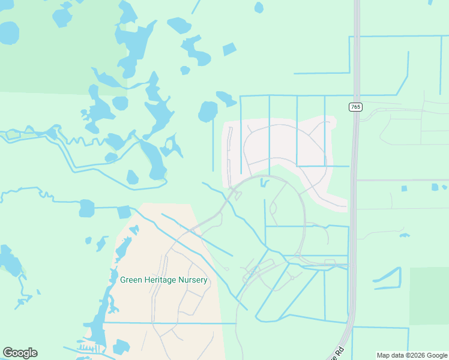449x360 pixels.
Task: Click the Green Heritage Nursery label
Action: point(164,280)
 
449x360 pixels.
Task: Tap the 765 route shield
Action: point(355,107)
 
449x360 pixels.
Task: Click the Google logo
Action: point(20,353)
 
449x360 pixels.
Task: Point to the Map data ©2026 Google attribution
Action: point(412,355)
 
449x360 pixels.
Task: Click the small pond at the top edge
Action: point(259,7)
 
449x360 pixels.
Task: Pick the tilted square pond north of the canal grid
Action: point(229,49)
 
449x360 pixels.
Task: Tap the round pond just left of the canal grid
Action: point(208,112)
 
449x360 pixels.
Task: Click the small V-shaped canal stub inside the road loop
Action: point(264,182)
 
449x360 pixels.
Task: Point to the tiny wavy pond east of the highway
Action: point(404,235)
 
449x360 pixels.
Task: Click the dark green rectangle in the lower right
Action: point(429,296)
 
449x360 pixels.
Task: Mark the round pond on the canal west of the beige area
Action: point(87,208)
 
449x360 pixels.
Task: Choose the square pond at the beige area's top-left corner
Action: point(124,212)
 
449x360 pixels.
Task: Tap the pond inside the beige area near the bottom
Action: point(121,347)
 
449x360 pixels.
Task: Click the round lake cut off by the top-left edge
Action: point(8,32)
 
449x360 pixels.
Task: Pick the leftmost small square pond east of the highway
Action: point(404,188)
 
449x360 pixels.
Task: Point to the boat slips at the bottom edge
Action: point(87,349)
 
